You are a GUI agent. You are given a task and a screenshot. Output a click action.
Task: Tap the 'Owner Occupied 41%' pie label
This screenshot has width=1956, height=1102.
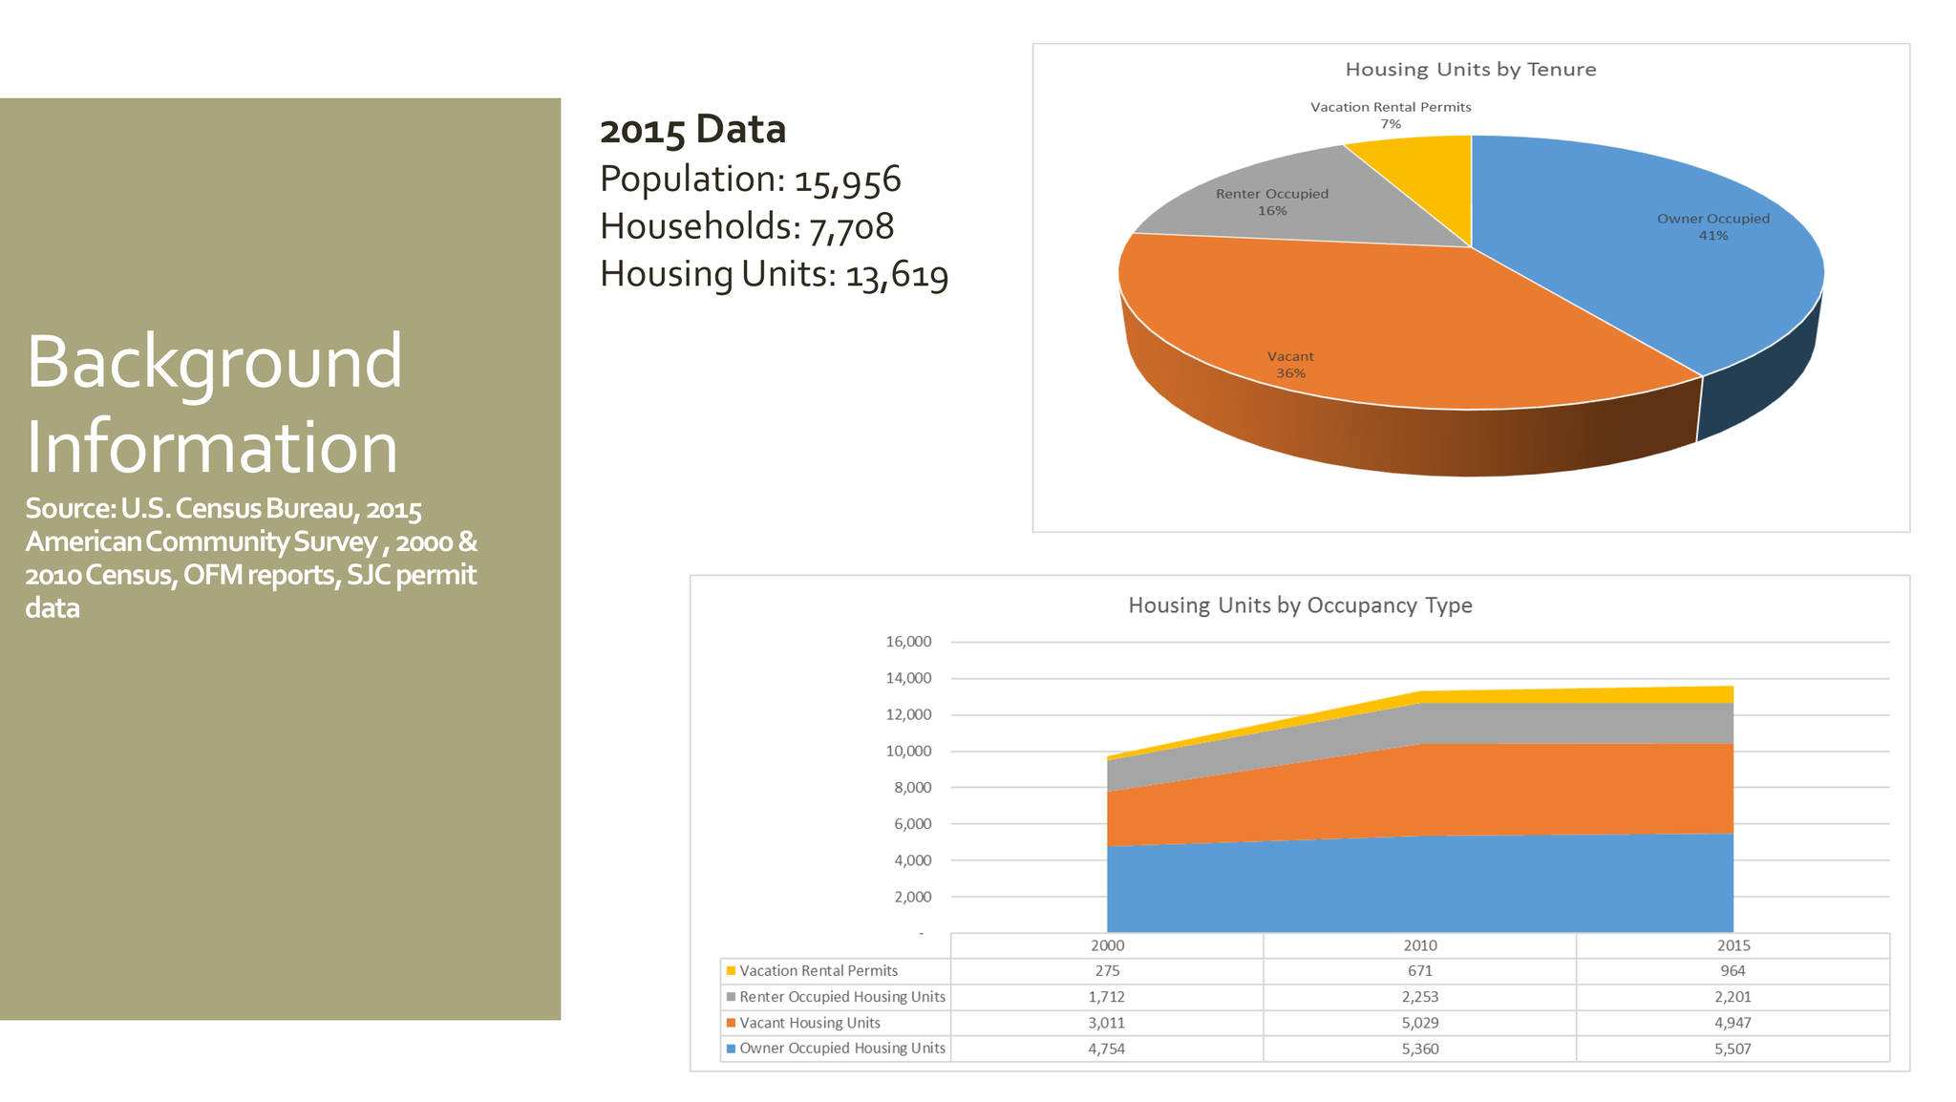click(x=1712, y=227)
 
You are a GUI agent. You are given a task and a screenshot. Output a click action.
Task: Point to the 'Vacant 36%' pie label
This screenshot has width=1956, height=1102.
click(x=1290, y=365)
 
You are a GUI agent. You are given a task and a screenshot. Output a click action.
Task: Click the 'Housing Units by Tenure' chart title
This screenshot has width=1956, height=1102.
click(x=1470, y=70)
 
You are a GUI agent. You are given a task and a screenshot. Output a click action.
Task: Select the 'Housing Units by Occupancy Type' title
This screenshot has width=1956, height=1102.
click(x=1300, y=605)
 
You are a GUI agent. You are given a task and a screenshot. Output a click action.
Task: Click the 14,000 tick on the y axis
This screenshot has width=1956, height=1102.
click(x=908, y=678)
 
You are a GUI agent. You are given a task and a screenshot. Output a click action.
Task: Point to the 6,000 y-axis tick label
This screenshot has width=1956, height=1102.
click(x=912, y=824)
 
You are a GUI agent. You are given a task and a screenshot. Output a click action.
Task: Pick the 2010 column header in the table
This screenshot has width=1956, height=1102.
click(x=1419, y=945)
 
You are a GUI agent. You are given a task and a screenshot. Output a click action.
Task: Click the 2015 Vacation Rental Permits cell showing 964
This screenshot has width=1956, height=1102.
click(x=1733, y=971)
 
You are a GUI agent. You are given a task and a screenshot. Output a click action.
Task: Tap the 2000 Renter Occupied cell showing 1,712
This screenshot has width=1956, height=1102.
click(x=1106, y=997)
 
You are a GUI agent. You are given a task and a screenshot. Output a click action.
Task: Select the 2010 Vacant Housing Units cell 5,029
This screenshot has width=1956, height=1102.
click(x=1419, y=1023)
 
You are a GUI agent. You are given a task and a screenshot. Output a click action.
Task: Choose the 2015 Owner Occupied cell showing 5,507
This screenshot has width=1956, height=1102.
click(x=1733, y=1049)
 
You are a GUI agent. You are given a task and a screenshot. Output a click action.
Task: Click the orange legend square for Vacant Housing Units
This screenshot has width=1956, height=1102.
click(x=732, y=1023)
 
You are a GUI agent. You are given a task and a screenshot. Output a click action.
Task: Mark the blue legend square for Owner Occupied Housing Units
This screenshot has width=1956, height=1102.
click(x=732, y=1049)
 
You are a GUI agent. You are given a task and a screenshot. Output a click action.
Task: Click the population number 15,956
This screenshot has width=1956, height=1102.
click(x=847, y=180)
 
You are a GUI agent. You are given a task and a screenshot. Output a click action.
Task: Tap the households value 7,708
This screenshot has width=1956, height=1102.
click(x=851, y=227)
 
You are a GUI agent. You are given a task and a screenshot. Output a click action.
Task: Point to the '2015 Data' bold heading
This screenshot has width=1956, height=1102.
click(x=692, y=130)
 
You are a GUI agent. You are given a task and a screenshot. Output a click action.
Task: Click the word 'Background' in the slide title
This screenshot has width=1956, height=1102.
click(x=214, y=363)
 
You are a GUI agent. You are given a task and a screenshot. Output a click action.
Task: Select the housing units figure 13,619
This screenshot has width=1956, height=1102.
click(x=897, y=275)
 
